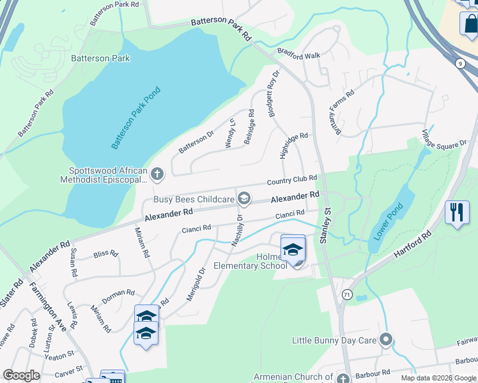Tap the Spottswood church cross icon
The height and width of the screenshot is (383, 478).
pyautogui.click(x=158, y=173)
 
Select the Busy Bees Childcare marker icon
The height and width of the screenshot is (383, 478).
pyautogui.click(x=243, y=200)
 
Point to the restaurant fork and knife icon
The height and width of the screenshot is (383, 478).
pyautogui.click(x=457, y=213)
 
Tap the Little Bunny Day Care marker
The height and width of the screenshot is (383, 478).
pyautogui.click(x=385, y=340)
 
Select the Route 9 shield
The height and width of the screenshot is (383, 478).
pyautogui.click(x=460, y=63)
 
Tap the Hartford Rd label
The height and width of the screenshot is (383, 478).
pyautogui.click(x=413, y=244)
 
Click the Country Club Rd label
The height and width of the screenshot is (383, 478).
pyautogui.click(x=292, y=181)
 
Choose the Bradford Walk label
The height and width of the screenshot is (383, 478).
pyautogui.click(x=298, y=55)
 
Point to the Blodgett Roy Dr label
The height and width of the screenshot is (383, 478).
pyautogui.click(x=274, y=93)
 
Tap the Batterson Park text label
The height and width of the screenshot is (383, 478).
pyautogui.click(x=101, y=58)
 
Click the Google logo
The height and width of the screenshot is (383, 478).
pyautogui.click(x=21, y=375)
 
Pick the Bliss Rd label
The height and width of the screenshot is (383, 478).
pyautogui.click(x=105, y=253)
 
